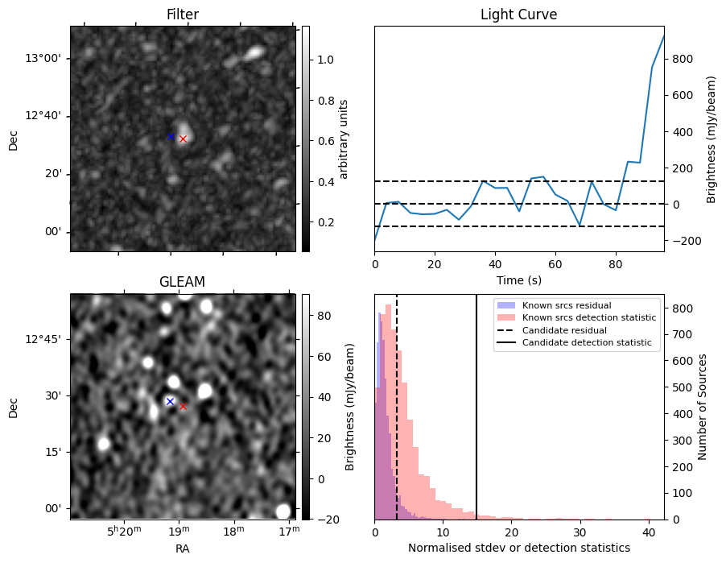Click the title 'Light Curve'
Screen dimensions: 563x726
[x=518, y=14]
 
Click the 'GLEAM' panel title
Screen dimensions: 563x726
[x=182, y=281]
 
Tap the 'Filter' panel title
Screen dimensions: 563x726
[x=182, y=14]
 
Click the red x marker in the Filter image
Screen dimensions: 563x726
[x=183, y=139]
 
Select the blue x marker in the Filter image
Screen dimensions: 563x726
[x=171, y=137]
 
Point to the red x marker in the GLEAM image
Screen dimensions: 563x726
[x=183, y=406]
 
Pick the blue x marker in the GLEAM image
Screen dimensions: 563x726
[x=170, y=401]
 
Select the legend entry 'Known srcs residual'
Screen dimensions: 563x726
[x=566, y=306]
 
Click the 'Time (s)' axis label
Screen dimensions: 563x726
[x=518, y=279]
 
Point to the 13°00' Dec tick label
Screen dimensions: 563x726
[x=47, y=58]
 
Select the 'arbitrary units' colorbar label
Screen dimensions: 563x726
[x=344, y=139]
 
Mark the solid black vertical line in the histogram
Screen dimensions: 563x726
[x=476, y=419]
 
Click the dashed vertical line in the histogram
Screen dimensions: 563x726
[x=397, y=419]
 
